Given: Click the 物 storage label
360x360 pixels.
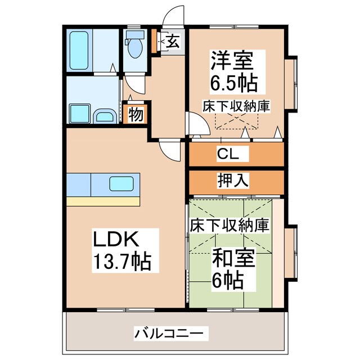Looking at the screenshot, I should pos(135,114).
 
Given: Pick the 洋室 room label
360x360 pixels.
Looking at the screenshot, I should pos(231,60).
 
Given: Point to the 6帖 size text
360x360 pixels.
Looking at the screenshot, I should pos(228,279).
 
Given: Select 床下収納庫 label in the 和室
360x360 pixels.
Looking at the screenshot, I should pos(229,225).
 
